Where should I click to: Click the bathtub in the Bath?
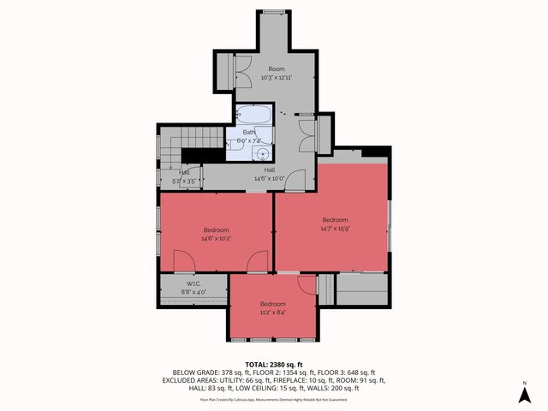click(x=252, y=116)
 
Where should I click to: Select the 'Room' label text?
click(x=277, y=68)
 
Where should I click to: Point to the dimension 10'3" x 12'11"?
click(x=276, y=78)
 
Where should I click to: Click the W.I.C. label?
click(x=192, y=283)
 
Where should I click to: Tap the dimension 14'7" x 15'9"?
click(x=335, y=228)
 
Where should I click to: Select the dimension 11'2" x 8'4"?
click(x=272, y=313)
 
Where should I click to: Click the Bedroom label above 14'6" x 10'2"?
click(x=216, y=229)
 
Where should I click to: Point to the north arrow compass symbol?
click(x=524, y=394)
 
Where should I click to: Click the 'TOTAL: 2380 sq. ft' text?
click(x=273, y=364)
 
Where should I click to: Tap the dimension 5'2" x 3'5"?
click(x=185, y=181)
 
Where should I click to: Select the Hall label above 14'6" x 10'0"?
click(x=270, y=170)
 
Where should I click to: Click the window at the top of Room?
click(x=273, y=11)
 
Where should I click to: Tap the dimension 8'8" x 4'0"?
click(x=192, y=292)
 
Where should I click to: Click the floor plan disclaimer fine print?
click(x=273, y=399)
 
